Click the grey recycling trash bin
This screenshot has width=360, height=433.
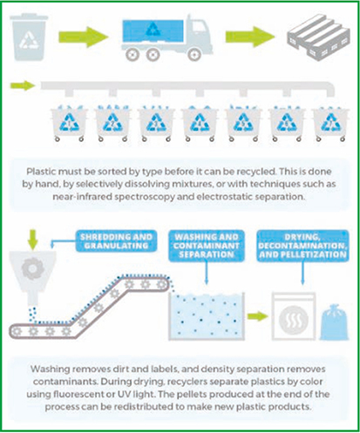29,37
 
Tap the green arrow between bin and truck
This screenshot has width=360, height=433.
84,37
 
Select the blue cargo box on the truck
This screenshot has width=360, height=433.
153,30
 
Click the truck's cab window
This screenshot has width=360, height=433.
199,29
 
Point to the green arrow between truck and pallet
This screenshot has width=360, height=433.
250,37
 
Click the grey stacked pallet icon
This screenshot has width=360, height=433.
318,37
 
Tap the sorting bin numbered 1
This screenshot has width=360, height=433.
69,123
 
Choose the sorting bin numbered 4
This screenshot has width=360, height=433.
200,123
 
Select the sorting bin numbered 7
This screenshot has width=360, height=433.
330,123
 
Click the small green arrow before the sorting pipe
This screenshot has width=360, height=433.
23,85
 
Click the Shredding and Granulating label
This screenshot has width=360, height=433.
116,241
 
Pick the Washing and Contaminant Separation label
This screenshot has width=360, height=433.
207,246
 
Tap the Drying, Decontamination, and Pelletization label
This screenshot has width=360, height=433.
302,246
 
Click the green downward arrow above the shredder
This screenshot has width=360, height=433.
33,240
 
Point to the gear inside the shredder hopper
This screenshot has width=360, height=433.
32,268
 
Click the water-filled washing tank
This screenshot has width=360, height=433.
207,316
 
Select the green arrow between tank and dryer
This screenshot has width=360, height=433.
258,316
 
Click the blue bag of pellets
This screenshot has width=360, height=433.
334,322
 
